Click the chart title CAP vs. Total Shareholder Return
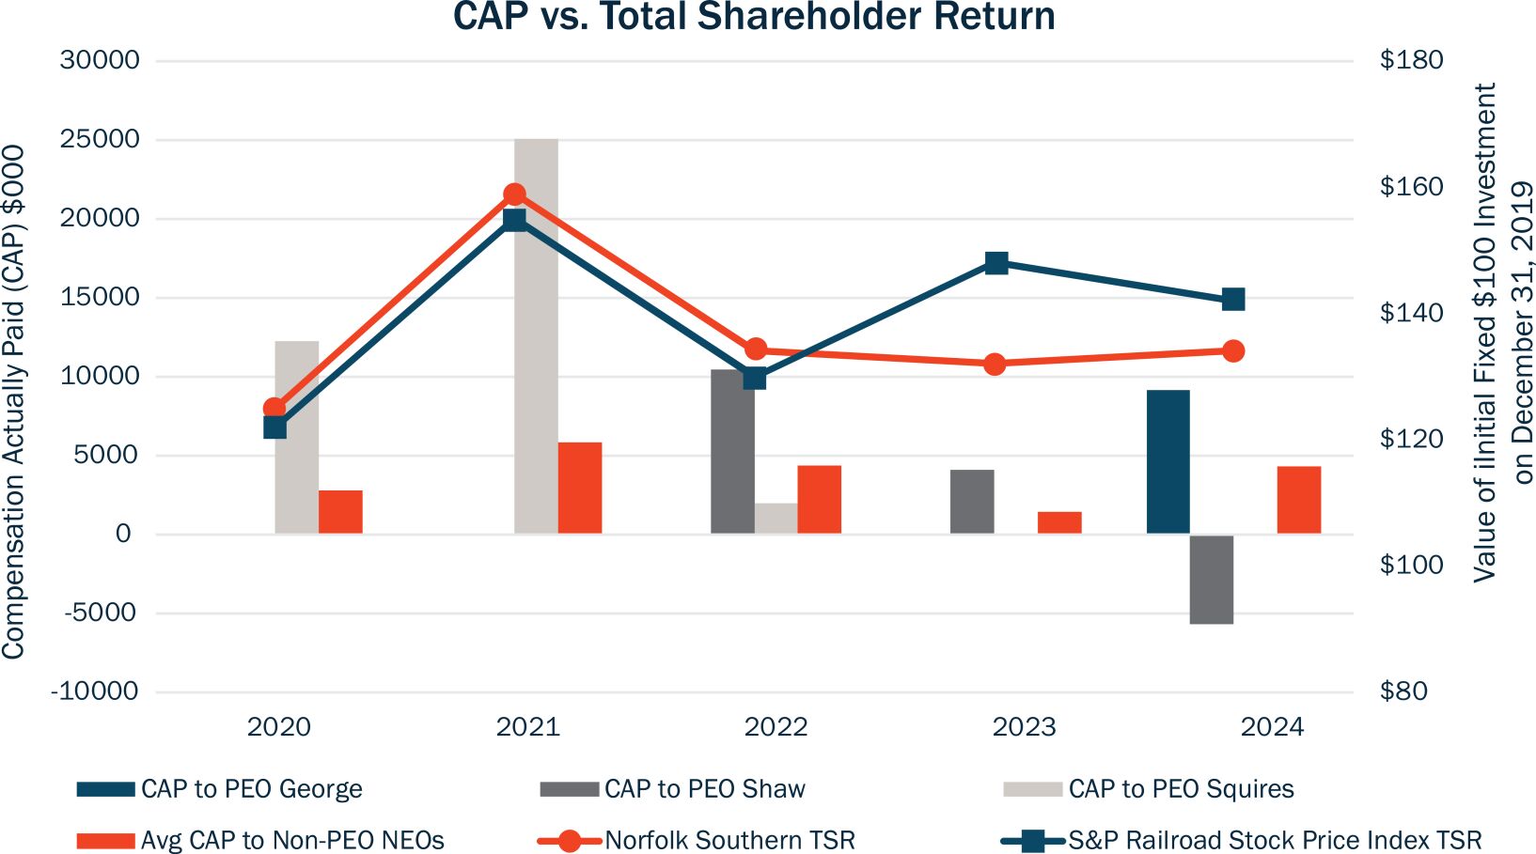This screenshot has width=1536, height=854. (x=754, y=17)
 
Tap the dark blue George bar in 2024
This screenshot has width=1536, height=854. (x=1168, y=461)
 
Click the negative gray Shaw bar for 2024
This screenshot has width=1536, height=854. (x=1211, y=579)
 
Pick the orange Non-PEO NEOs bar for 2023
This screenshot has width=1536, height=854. (x=1059, y=522)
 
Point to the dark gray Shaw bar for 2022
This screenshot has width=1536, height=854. (x=732, y=451)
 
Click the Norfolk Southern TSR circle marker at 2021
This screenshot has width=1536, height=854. (x=514, y=194)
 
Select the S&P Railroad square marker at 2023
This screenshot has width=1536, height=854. (x=996, y=263)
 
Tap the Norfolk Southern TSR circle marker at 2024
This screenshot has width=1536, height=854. (x=1233, y=351)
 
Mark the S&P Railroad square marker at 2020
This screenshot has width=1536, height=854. (x=274, y=427)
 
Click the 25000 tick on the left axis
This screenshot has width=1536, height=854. (x=100, y=139)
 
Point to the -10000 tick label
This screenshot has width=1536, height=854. (x=95, y=691)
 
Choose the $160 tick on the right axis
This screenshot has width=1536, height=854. (x=1411, y=186)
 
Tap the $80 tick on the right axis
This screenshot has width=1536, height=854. (x=1403, y=691)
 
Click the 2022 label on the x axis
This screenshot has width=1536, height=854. (x=776, y=727)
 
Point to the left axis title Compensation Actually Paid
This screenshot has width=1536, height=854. (x=13, y=402)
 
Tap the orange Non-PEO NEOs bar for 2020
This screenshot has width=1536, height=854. (x=340, y=512)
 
